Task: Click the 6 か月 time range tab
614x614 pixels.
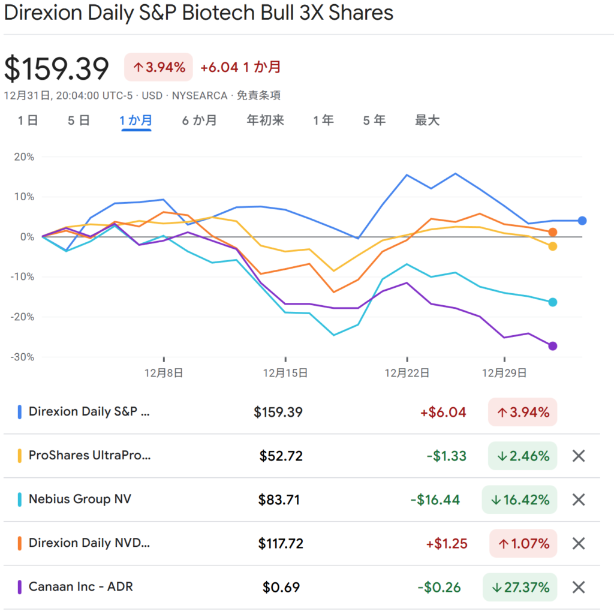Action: [200, 121]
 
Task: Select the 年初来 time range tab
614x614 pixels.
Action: [265, 121]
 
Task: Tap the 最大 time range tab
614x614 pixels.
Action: [427, 121]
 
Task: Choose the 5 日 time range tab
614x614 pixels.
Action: [79, 121]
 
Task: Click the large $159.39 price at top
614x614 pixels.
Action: [57, 69]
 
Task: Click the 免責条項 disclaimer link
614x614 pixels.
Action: [259, 95]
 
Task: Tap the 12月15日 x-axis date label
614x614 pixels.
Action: [285, 372]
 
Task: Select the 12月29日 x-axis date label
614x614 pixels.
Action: [505, 372]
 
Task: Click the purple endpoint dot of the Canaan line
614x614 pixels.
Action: [553, 346]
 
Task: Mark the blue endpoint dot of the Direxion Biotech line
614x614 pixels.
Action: [582, 221]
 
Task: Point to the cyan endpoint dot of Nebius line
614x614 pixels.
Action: [553, 302]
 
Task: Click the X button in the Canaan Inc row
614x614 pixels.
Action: [578, 587]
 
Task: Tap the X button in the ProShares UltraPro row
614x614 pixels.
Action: [578, 456]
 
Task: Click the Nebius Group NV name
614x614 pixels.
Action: [80, 499]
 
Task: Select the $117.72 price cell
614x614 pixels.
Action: [281, 543]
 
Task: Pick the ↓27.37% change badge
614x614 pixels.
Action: [519, 587]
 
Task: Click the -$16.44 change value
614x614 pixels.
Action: [435, 499]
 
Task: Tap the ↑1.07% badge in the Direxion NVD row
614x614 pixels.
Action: [523, 543]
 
